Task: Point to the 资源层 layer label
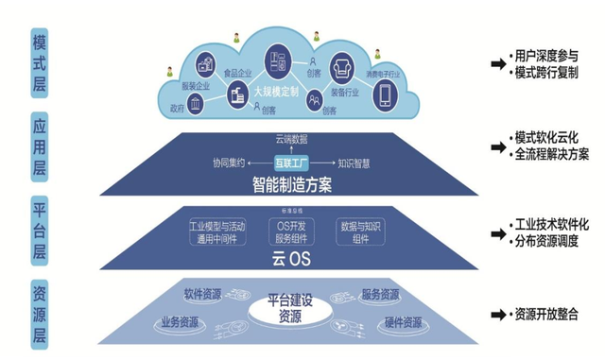pos(39,312)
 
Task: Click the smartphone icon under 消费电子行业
pos(386,94)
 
